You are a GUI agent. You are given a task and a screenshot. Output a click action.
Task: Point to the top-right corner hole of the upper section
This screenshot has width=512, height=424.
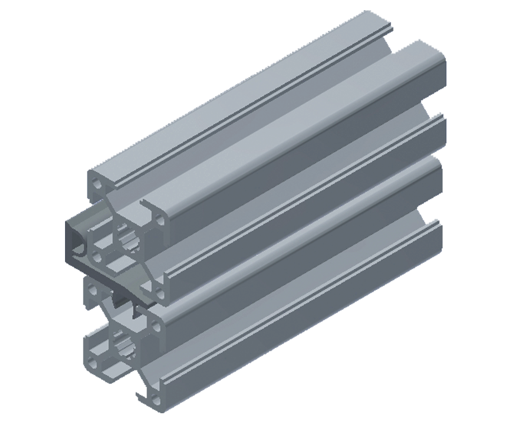[161, 221]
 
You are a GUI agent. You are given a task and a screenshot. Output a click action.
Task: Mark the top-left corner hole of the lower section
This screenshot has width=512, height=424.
[94, 291]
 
